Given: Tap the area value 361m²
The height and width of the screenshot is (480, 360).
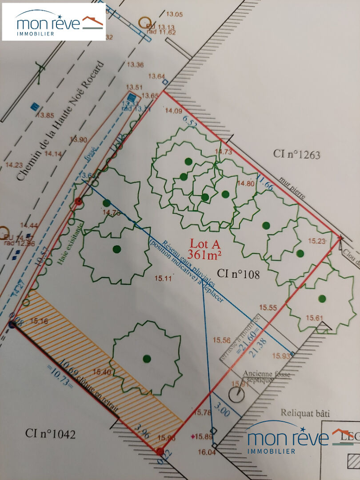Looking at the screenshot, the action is point(205,255).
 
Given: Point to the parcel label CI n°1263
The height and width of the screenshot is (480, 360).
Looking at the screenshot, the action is point(296,155).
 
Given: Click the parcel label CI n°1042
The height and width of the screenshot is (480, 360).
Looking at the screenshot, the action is point(50,433).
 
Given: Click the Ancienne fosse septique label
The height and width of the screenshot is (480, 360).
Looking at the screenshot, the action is point(266,377).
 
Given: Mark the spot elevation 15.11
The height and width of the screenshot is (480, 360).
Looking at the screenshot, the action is point(163,279).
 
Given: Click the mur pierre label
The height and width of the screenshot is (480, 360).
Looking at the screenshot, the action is point(293,190).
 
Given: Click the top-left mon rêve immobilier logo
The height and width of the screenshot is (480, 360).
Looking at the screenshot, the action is point(54,22).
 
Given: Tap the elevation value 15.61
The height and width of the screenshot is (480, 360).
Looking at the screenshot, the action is point(314,317).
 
